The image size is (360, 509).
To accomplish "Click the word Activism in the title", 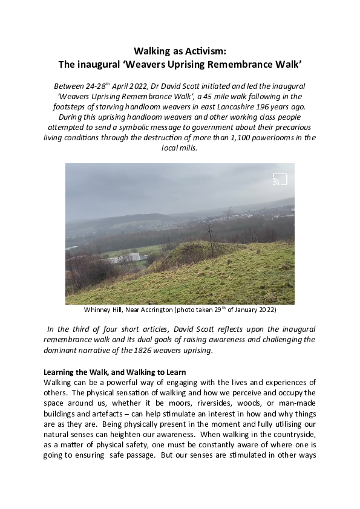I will coord(206,51).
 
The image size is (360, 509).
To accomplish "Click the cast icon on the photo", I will coord(280,180).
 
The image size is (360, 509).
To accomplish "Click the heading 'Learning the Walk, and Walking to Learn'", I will coord(114,372).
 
